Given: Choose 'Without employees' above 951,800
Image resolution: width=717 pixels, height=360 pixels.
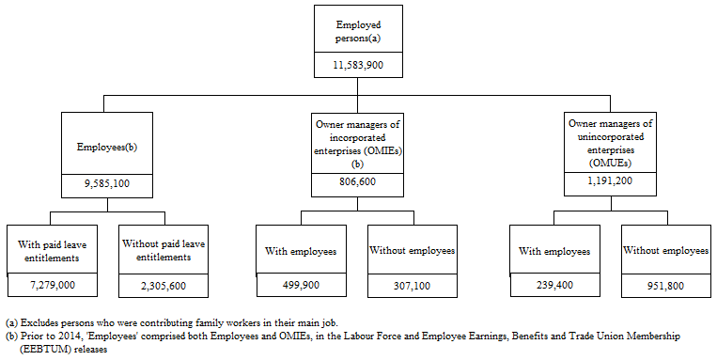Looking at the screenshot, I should click(x=664, y=251).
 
